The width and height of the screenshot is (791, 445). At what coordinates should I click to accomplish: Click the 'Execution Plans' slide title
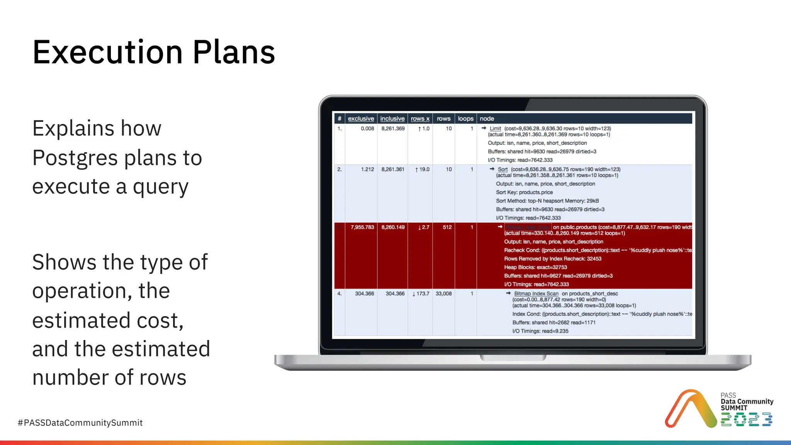click(154, 53)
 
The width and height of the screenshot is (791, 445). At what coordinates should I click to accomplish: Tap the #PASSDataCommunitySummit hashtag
click(80, 423)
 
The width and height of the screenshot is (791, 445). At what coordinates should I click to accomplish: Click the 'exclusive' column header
click(361, 119)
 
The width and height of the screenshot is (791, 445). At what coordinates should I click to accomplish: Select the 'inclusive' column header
click(392, 119)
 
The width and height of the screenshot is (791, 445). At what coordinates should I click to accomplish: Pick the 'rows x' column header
click(420, 119)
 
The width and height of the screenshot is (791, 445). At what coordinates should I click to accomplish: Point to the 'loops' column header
click(465, 119)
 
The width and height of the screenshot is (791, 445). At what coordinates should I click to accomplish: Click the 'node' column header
click(487, 119)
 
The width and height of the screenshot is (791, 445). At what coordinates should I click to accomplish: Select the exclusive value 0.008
click(367, 129)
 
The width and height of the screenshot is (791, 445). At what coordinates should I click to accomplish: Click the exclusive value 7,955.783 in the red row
click(362, 227)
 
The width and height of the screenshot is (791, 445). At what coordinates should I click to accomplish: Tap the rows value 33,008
click(443, 294)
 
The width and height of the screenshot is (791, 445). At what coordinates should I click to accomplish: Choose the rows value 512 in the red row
click(447, 227)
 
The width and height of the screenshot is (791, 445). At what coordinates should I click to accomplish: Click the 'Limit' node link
click(495, 129)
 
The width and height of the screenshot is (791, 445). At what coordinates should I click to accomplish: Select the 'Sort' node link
click(502, 169)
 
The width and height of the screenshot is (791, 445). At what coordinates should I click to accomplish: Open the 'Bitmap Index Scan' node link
click(536, 294)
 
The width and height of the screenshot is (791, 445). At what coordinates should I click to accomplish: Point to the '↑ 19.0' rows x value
click(422, 169)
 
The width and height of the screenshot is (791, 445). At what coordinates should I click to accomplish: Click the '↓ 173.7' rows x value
click(421, 294)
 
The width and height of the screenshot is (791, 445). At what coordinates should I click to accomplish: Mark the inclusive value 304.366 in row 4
click(395, 294)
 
